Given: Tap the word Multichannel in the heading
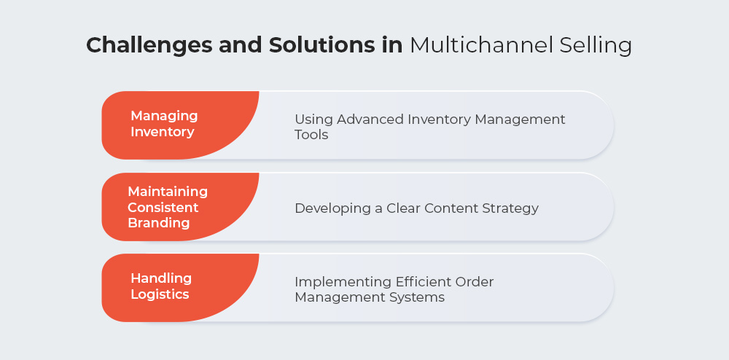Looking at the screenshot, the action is [480, 45].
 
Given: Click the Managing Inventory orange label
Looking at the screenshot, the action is [180, 125].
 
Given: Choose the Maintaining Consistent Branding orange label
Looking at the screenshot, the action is [180, 207].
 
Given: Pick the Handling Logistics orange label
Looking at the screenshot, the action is [180, 288].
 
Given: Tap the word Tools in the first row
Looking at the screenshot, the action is [311, 135].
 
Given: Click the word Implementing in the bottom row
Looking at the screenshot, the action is [343, 283].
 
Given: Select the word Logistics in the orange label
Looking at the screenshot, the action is [160, 294].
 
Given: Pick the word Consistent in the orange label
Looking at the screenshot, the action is [163, 207].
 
